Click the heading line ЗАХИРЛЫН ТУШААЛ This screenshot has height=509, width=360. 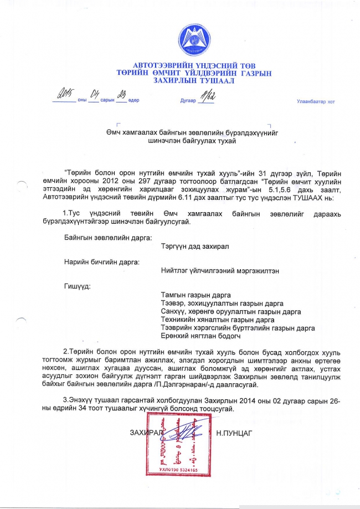pos(194,81)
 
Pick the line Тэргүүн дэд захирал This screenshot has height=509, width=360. pos(194,246)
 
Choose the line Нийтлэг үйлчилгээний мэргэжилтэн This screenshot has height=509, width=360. pos(219,271)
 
